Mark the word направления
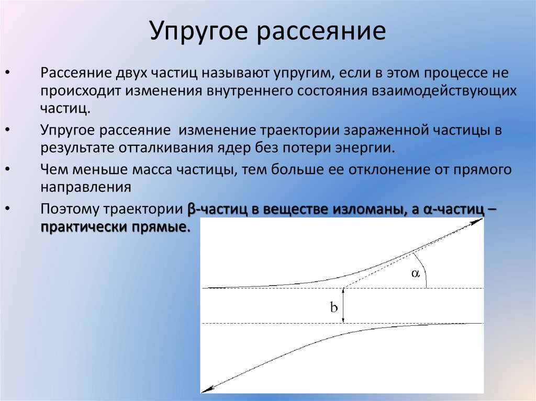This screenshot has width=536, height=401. pos(86,187)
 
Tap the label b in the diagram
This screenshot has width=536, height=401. pos(333,307)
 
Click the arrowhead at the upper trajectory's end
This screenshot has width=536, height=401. pos(476,222)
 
